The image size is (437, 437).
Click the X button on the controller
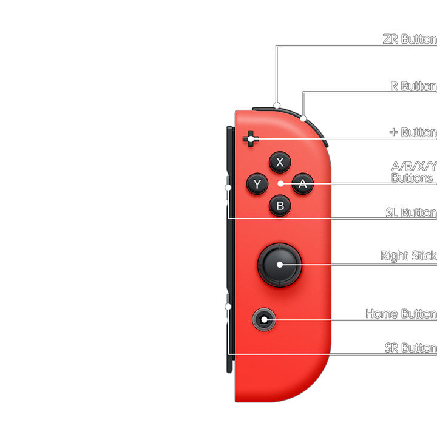click(x=280, y=162)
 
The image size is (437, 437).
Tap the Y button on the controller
click(x=257, y=184)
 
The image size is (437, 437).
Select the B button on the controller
click(x=280, y=206)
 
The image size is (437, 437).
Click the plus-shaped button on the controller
click(x=250, y=139)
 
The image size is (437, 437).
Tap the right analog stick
click(x=280, y=264)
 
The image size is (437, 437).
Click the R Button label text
click(x=413, y=86)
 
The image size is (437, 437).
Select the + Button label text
click(x=413, y=132)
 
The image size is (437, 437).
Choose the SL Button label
click(x=411, y=212)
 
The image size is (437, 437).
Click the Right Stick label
click(x=408, y=256)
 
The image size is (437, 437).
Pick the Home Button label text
click(x=401, y=314)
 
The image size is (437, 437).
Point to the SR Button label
click(x=410, y=348)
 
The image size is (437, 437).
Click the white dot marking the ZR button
click(x=277, y=105)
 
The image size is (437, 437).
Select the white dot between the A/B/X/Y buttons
click(x=280, y=183)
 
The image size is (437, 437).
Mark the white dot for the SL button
click(x=228, y=188)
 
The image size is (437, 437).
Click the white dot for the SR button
click(x=228, y=307)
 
